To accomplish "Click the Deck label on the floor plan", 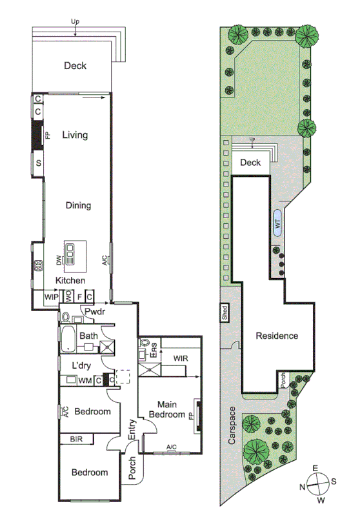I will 75,66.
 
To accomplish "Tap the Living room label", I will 75,136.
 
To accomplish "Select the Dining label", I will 78,206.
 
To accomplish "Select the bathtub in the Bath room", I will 67,340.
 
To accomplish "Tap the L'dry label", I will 84,366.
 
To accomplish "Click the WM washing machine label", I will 84,381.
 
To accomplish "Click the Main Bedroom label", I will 167,409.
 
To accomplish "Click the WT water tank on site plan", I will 278,223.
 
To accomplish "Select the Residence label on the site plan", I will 277,336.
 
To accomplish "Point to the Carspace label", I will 231,429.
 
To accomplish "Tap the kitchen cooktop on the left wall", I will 39,264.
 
